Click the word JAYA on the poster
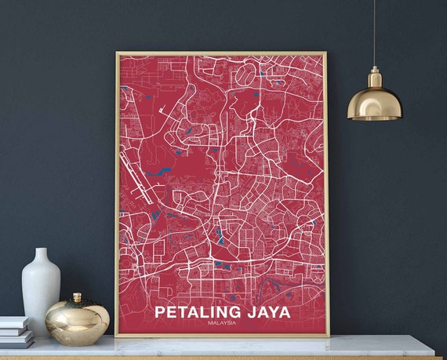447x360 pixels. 266,311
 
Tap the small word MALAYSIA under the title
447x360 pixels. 223,322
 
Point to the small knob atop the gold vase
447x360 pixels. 77,297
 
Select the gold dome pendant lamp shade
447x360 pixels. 374,104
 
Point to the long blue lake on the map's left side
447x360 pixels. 162,169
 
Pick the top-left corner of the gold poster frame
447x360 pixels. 117,53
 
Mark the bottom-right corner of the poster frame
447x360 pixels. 328,336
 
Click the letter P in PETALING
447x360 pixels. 160,311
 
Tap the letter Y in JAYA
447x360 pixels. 272,311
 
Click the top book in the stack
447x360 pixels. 15,322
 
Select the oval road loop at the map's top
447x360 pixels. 246,75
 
